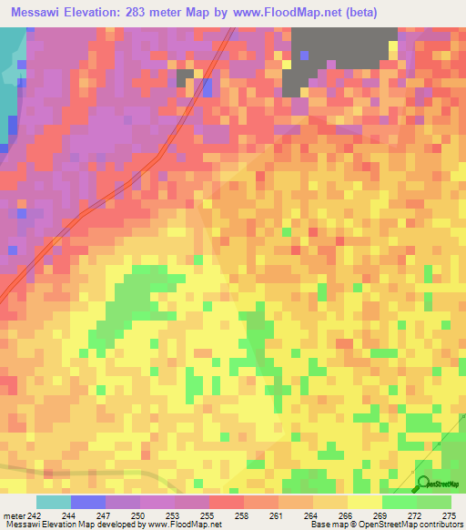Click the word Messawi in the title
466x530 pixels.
40,12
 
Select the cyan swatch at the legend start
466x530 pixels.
54,502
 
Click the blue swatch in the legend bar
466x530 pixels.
88,502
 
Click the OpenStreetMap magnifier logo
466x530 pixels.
422,484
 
